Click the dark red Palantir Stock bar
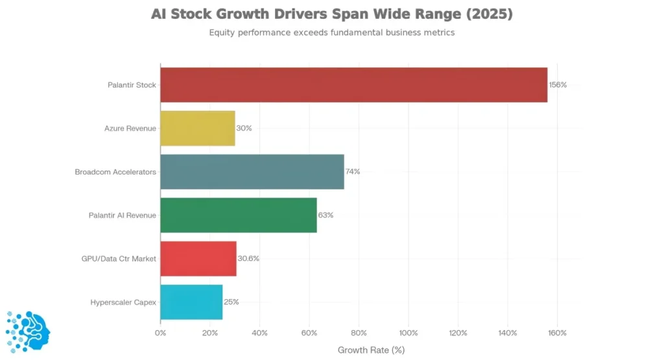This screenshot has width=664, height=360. tap(353, 85)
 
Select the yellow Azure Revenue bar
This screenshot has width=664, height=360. tap(197, 128)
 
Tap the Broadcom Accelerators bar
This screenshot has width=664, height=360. tap(252, 172)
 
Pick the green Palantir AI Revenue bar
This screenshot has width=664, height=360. tap(238, 215)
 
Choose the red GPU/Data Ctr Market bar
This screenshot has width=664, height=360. tap(198, 258)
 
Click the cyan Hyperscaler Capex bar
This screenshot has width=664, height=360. tap(191, 302)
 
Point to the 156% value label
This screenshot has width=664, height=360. tap(558, 85)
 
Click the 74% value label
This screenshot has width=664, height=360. tap(353, 172)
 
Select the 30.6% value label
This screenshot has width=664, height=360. tap(248, 258)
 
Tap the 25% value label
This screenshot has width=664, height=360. tap(231, 302)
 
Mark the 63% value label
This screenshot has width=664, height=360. tap(326, 215)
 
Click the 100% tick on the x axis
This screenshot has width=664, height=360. tap(409, 333)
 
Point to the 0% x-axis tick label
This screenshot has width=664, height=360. tap(160, 333)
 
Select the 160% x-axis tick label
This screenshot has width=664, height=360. tap(557, 333)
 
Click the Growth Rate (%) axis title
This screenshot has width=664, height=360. tap(371, 350)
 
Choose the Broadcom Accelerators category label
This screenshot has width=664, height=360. tap(115, 172)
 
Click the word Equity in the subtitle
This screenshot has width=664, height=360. tap(222, 32)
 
